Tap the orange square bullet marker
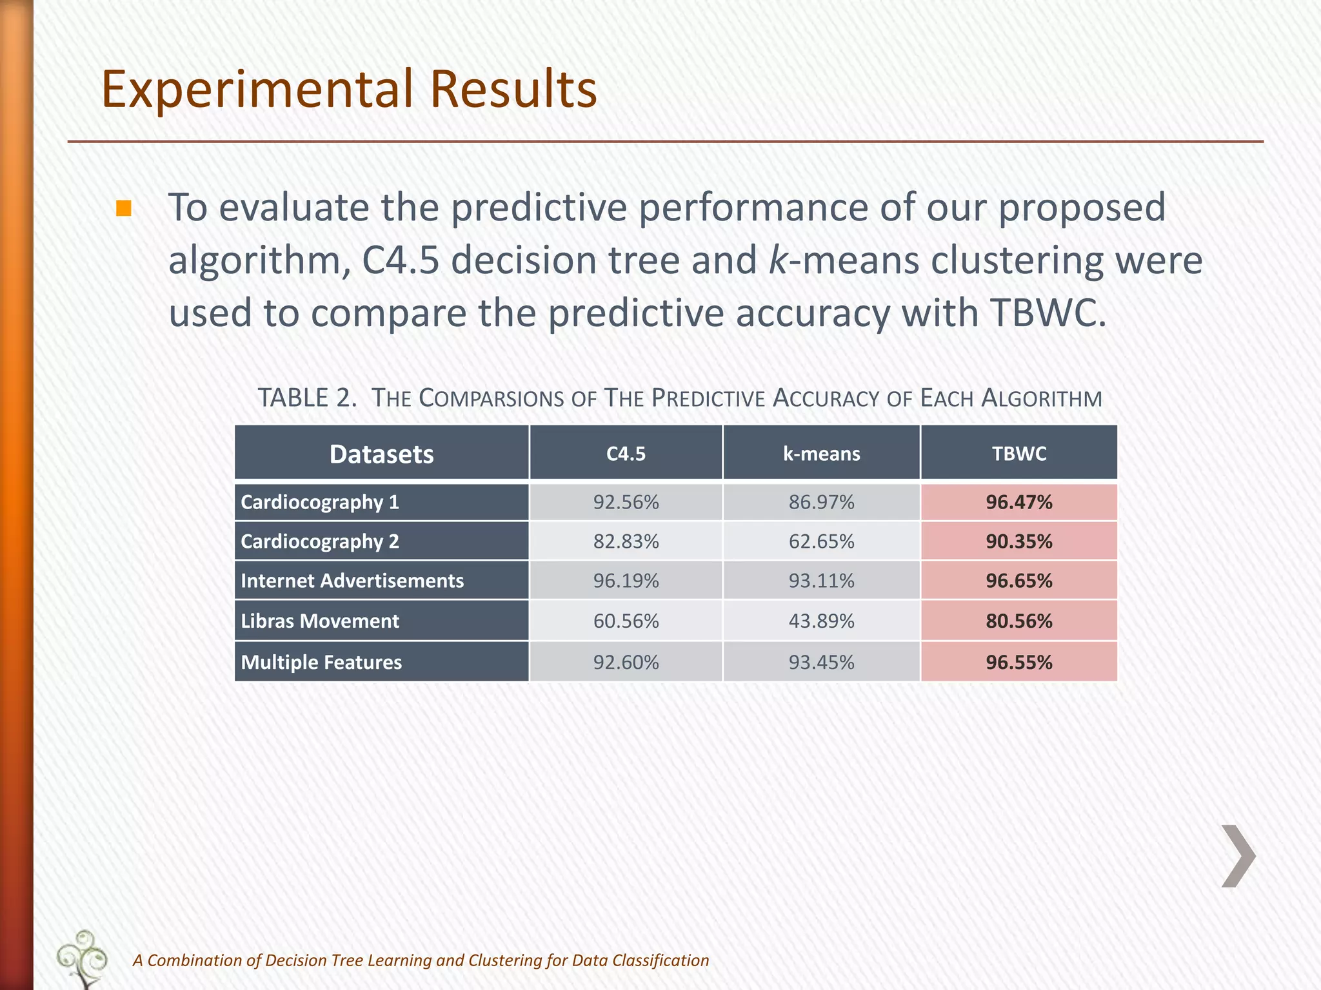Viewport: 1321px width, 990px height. [124, 209]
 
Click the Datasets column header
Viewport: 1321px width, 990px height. [381, 454]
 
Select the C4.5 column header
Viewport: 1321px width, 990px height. [626, 454]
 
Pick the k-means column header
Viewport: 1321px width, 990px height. [821, 454]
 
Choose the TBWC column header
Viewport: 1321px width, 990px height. [1018, 454]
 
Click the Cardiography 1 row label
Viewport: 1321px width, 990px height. [319, 502]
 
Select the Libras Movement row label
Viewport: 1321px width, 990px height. [319, 621]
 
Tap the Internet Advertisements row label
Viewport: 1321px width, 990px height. [352, 581]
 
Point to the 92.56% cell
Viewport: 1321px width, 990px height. [626, 502]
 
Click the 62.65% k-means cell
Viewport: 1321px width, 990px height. [821, 541]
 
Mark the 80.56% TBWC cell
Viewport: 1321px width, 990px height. [1018, 621]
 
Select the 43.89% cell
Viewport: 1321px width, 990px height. [821, 621]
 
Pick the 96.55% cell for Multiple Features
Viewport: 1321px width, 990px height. [1018, 663]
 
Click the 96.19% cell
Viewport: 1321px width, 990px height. [626, 581]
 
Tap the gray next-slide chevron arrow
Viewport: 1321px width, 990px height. [1238, 856]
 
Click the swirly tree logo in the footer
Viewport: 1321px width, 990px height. [83, 958]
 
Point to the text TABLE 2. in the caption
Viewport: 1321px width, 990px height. [307, 398]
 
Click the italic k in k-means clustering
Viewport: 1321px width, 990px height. [779, 261]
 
